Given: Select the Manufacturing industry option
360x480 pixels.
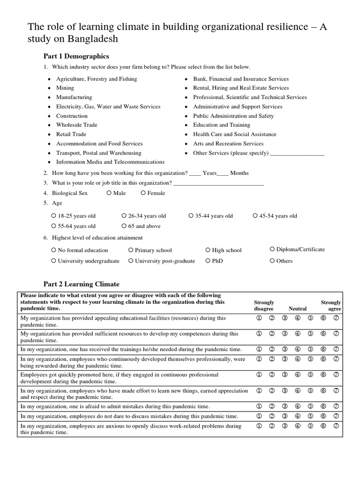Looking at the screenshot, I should pyautogui.click(x=74, y=97).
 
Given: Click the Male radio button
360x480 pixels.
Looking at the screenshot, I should pyautogui.click(x=109, y=193).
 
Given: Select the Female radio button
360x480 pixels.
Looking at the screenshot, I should pyautogui.click(x=143, y=193).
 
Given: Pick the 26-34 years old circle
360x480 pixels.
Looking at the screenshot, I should pyautogui.click(x=124, y=216).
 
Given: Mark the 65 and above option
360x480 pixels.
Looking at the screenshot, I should pyautogui.click(x=124, y=226).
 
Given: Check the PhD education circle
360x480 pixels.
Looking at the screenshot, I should pyautogui.click(x=208, y=261).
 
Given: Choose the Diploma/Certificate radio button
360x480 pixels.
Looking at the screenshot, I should pyautogui.click(x=272, y=249).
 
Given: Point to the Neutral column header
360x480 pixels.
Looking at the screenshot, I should pyautogui.click(x=298, y=309).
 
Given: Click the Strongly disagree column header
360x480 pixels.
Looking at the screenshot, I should pyautogui.click(x=264, y=306).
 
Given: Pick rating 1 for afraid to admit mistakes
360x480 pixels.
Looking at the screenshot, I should pyautogui.click(x=258, y=406).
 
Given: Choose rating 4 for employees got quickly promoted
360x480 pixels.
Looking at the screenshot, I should pyautogui.click(x=297, y=375).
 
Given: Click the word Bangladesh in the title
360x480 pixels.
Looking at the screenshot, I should pyautogui.click(x=91, y=39).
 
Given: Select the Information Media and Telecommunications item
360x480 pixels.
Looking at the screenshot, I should pyautogui.click(x=110, y=162).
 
